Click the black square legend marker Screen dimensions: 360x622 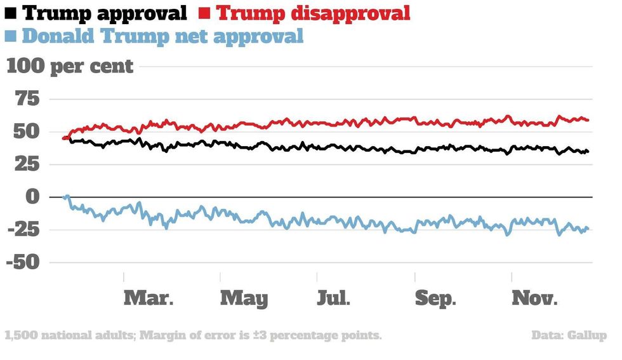coord(11,12)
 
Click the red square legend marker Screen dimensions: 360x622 coord(205,12)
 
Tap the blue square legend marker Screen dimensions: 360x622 coord(11,36)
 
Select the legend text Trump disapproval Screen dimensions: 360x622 coord(314,13)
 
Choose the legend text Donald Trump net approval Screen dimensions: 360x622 coord(162,36)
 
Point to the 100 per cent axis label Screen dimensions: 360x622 coord(70,66)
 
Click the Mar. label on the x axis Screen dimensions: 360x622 coord(148,298)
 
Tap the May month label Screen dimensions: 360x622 coord(244,298)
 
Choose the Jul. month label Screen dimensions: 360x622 coord(333,298)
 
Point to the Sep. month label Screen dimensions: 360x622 coord(435,298)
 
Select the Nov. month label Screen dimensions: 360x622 coord(535,298)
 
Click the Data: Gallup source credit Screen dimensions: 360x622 coord(569,335)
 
